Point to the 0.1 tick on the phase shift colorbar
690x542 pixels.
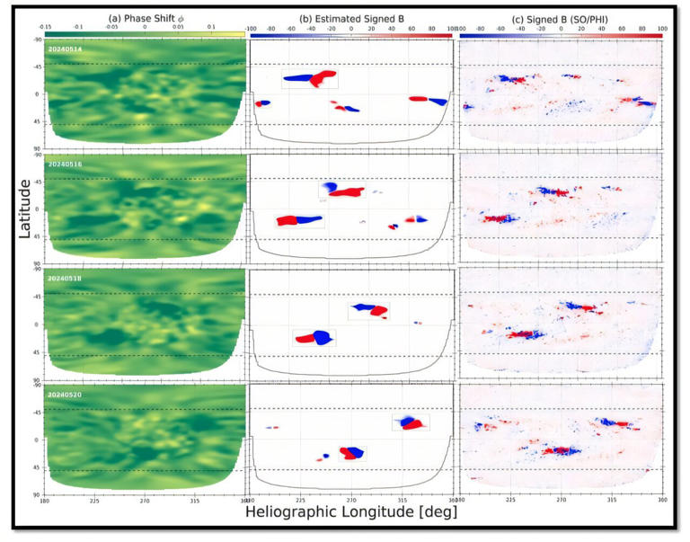tap(212, 28)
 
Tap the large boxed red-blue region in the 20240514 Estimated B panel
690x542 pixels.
tap(310, 79)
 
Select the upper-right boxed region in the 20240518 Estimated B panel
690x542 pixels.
tap(369, 310)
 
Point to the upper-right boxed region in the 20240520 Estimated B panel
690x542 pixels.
tap(411, 422)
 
